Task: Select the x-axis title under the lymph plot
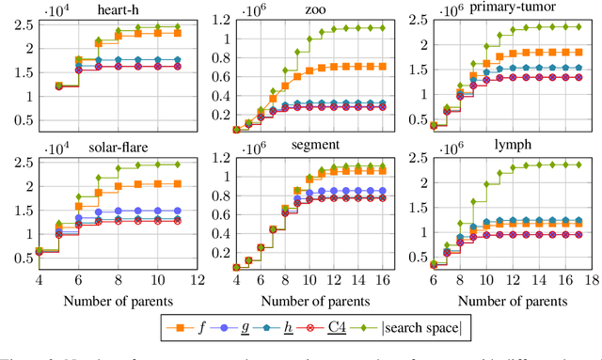click(x=512, y=301)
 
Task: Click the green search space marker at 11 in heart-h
click(x=179, y=27)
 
